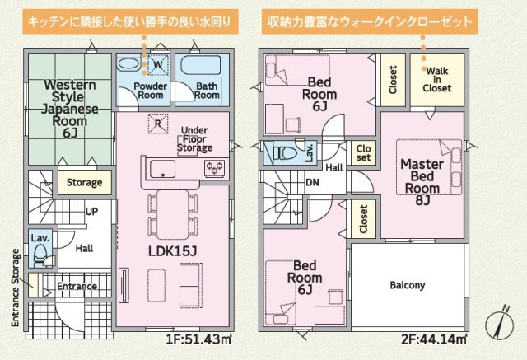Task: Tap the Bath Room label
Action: coord(207,91)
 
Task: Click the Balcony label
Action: coord(407,285)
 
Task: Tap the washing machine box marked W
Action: coord(156,63)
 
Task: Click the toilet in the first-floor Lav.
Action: coord(41,257)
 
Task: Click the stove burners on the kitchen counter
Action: coord(214,168)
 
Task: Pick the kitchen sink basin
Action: coord(161,169)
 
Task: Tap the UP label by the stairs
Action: coord(92,212)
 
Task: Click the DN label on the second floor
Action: coord(312,183)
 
